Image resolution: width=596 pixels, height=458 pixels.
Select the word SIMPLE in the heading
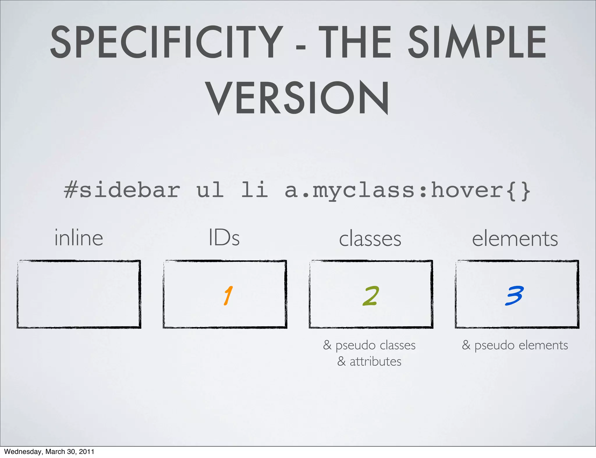(477, 42)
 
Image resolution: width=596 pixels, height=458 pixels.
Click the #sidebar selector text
(122, 190)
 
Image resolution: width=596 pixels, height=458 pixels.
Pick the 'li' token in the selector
(254, 190)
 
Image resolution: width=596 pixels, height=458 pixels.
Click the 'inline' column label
(79, 238)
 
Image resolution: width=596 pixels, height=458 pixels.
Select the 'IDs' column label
(224, 238)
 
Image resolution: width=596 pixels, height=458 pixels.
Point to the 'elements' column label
(515, 239)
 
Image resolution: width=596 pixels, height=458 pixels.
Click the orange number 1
(228, 296)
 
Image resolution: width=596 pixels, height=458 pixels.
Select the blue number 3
(514, 296)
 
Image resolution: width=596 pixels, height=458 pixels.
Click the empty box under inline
(79, 294)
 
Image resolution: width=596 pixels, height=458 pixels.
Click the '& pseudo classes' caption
(369, 345)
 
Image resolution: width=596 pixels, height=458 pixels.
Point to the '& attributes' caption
(369, 362)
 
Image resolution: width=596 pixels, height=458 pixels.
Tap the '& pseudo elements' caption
(515, 345)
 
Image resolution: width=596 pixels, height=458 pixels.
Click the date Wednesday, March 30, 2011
(49, 452)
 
